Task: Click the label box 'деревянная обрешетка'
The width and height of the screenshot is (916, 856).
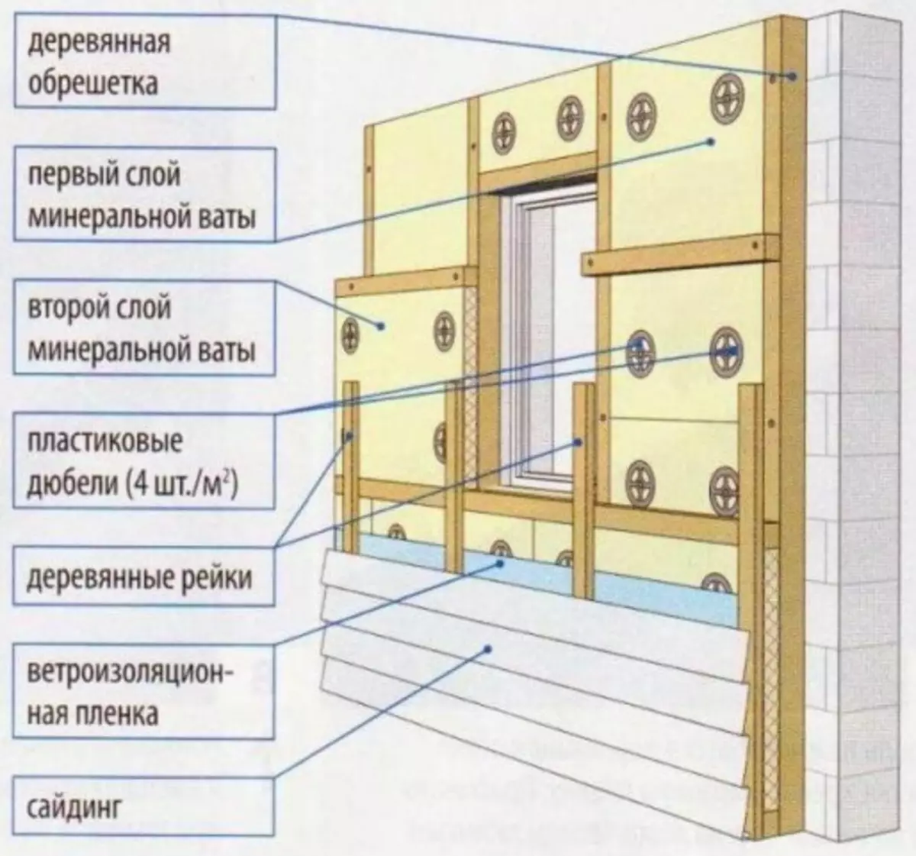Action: click(145, 62)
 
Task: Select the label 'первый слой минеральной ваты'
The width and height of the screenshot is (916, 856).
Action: click(145, 194)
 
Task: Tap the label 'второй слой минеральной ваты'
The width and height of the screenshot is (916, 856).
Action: click(145, 328)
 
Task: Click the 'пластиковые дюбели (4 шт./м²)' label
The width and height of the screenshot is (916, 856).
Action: click(144, 461)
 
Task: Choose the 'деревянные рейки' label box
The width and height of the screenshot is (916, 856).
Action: click(144, 577)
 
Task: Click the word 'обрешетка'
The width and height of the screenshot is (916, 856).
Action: click(93, 84)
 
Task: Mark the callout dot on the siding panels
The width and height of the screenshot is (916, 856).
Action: click(487, 649)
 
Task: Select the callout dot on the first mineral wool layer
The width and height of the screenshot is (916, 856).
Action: click(711, 142)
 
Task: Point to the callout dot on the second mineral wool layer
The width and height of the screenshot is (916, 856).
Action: click(381, 326)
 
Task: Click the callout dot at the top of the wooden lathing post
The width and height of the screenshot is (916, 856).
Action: click(792, 76)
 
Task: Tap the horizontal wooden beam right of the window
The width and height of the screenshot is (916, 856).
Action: click(680, 256)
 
